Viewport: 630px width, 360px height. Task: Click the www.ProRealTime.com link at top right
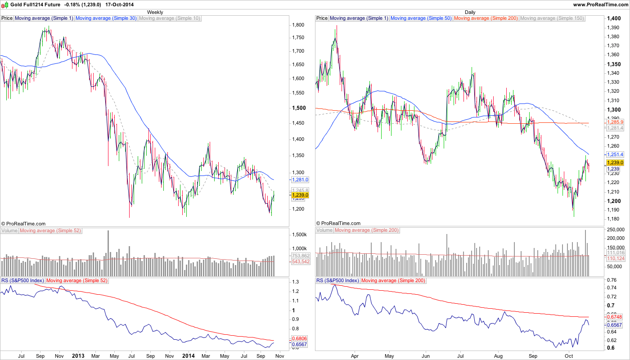point(600,4)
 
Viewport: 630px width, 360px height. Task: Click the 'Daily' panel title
point(470,12)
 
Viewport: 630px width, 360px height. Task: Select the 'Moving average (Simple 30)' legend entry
point(106,18)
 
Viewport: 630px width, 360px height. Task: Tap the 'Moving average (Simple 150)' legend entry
point(552,18)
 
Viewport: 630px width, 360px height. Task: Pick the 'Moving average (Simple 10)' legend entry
point(170,18)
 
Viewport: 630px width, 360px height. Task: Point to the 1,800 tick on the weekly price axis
point(298,25)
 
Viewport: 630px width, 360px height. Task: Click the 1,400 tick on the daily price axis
point(614,18)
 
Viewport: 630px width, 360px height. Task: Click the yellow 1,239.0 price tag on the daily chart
point(615,162)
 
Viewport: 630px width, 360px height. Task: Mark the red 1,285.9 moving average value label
point(615,122)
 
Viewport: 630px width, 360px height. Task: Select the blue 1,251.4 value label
point(615,155)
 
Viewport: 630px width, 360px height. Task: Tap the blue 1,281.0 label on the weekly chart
point(300,180)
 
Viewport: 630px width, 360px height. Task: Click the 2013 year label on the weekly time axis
point(78,355)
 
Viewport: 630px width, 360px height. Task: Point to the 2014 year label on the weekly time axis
point(188,355)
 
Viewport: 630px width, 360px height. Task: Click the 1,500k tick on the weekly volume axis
point(299,235)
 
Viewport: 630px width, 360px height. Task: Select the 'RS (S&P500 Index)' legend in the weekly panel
point(22,280)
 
